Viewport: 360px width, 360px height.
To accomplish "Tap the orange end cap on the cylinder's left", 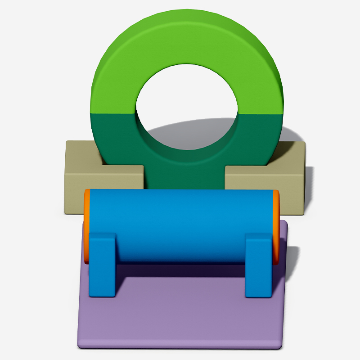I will [85, 225].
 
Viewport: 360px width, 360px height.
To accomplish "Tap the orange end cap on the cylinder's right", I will [276, 225].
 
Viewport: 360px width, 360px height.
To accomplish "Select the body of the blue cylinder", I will [180, 220].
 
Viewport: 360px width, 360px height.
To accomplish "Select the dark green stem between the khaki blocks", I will [184, 178].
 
